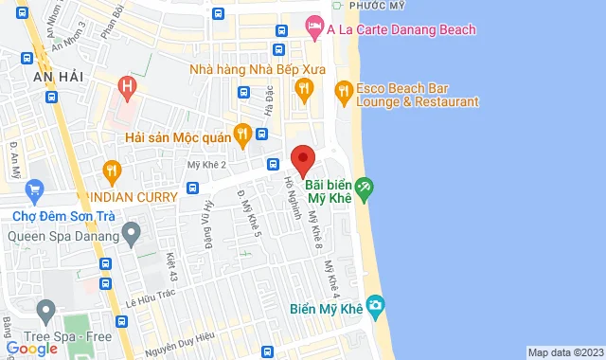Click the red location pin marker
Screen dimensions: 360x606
click(x=302, y=159)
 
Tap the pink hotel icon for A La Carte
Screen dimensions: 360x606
click(x=314, y=29)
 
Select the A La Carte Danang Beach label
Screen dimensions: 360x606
click(x=401, y=29)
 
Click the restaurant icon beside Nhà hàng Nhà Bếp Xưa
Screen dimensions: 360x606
click(x=303, y=90)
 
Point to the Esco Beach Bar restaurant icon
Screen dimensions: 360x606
click(x=343, y=91)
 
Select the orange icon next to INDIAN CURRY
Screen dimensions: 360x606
click(x=112, y=171)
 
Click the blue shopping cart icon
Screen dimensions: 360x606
click(x=35, y=190)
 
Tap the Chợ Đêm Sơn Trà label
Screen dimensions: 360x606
click(x=62, y=215)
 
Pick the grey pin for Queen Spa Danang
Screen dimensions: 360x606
click(x=132, y=231)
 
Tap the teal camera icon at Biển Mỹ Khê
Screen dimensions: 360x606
click(x=376, y=305)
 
